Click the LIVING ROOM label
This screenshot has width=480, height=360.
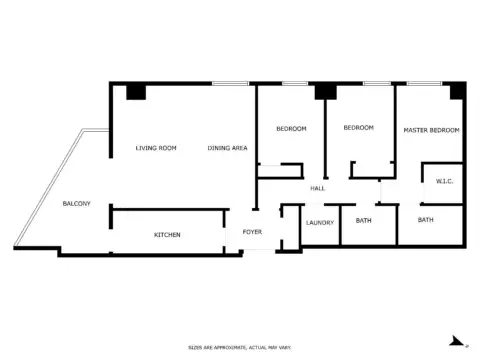pos(156,148)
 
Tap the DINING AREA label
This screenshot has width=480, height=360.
pos(228,148)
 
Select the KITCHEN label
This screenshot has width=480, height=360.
pos(167,235)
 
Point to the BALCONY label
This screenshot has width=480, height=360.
pos(77,204)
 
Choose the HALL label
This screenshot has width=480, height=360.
pos(317,188)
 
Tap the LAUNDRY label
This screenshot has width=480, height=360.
pos(320,223)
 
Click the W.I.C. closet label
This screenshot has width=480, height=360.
pos(445,181)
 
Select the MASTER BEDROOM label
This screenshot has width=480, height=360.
pos(431,131)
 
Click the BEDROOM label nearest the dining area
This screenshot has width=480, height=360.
pos(292,129)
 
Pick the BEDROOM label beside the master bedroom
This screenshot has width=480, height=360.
pos(358,128)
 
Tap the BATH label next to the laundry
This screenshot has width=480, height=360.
pos(364,220)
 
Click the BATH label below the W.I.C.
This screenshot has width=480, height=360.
pos(426,220)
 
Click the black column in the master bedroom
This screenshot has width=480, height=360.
pos(457,92)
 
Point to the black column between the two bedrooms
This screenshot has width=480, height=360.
pos(324,92)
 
